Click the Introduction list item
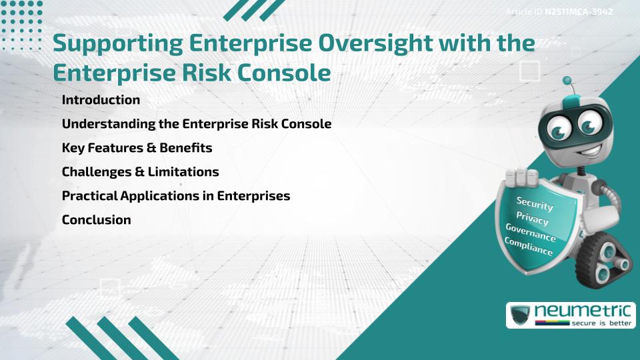(x=101, y=100)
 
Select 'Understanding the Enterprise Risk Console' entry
(x=196, y=124)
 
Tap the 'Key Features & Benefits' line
(x=137, y=148)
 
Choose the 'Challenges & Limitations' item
(x=140, y=172)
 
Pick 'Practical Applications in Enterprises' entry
(x=175, y=196)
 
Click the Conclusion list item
(x=96, y=220)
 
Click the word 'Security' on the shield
(x=535, y=204)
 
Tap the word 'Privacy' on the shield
(x=532, y=219)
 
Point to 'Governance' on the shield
(x=530, y=233)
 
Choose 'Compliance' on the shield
(x=528, y=247)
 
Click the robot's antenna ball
(x=568, y=81)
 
